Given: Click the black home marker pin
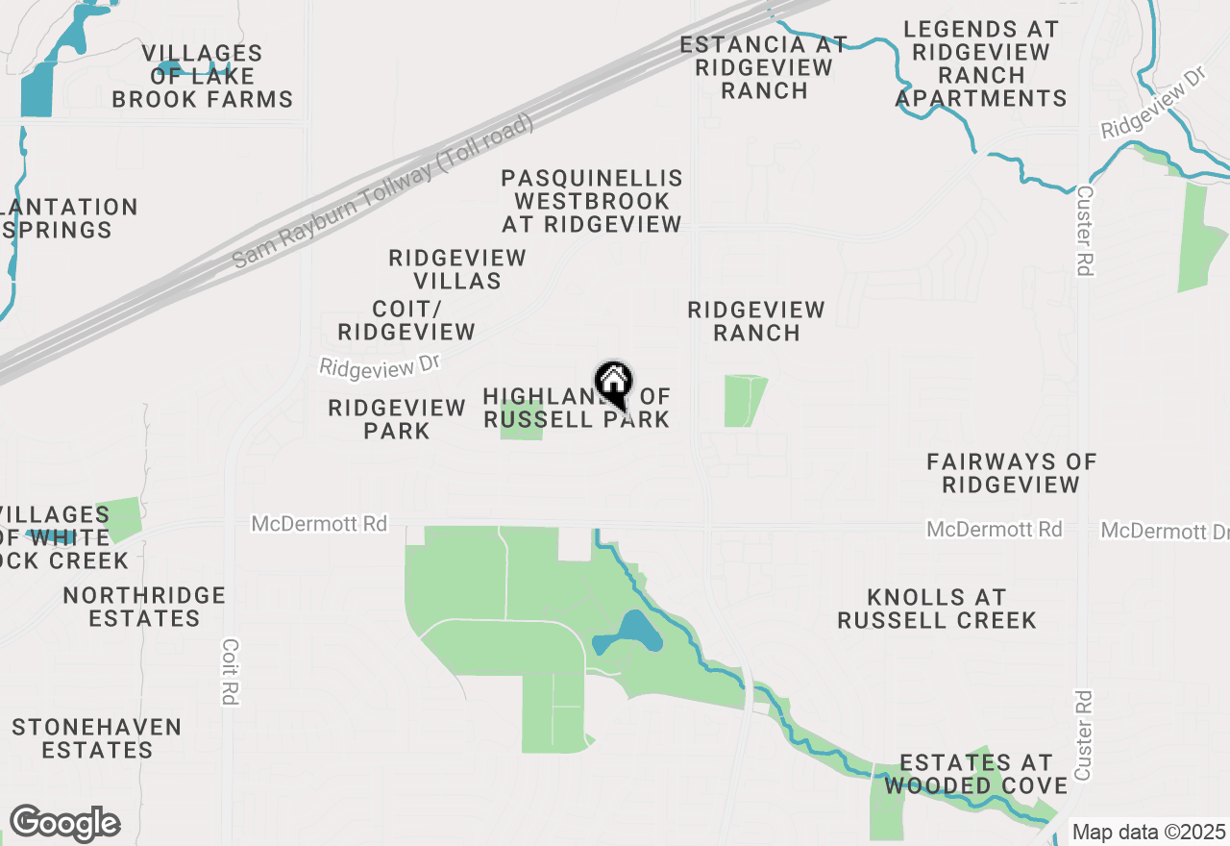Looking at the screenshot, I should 614,386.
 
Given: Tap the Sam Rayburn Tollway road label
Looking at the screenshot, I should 383,192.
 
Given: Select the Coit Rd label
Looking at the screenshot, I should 229,672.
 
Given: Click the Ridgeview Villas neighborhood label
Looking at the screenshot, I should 457,269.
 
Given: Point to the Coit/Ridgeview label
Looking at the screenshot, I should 406,321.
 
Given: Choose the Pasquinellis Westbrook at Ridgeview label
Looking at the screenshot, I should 592,201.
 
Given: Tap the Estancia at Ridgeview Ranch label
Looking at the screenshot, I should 764,67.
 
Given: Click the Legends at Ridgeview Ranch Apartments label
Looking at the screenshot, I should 981,63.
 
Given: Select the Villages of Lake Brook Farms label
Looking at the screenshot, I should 203,76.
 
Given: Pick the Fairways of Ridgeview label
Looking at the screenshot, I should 1011,473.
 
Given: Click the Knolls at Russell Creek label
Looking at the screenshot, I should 937,609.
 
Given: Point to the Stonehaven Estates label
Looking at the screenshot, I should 97,738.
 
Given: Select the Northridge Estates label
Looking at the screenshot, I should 144,607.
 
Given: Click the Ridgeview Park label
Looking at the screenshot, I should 397,419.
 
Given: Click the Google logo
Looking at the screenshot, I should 64,824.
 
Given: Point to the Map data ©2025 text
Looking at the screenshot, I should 1148,833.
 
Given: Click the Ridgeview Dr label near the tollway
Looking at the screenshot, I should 379,367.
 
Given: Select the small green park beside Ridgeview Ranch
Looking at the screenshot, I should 745,401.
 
